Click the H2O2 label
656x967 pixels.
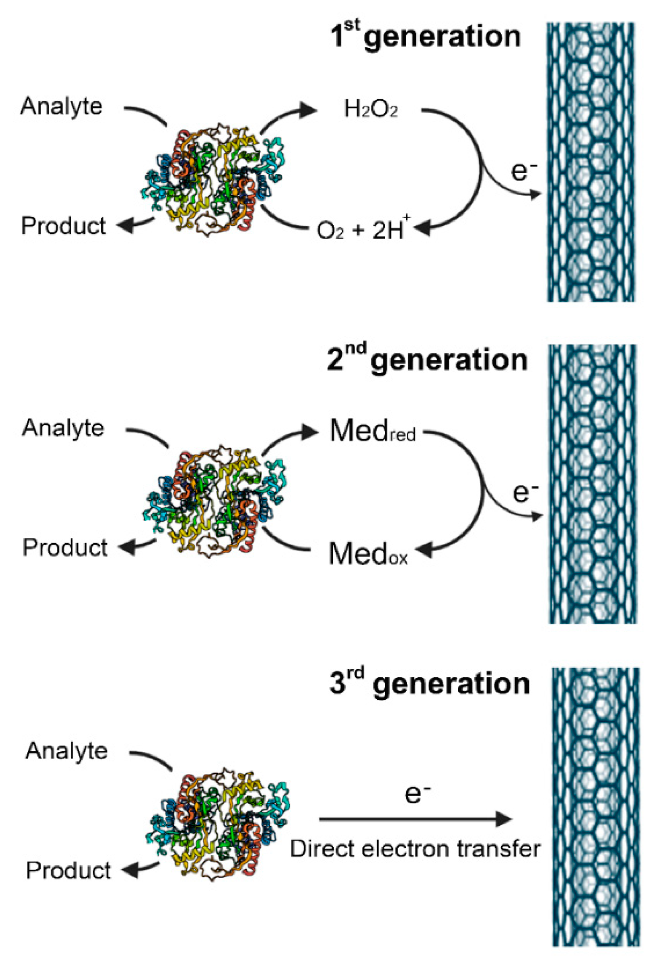pos(370,109)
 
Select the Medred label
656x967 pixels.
pos(372,432)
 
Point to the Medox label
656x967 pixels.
pos(368,554)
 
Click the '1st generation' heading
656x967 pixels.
pos(425,37)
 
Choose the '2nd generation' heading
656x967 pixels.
pos(427,360)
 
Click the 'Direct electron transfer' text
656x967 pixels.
pos(415,849)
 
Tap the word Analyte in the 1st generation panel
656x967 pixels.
pos(62,106)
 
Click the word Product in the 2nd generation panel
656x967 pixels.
pos(65,548)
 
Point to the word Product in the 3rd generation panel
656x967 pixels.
pos(68,870)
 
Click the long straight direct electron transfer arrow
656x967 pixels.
pos(415,819)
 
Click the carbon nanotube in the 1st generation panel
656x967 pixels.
pos(591,162)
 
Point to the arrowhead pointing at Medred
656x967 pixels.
pos(309,432)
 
